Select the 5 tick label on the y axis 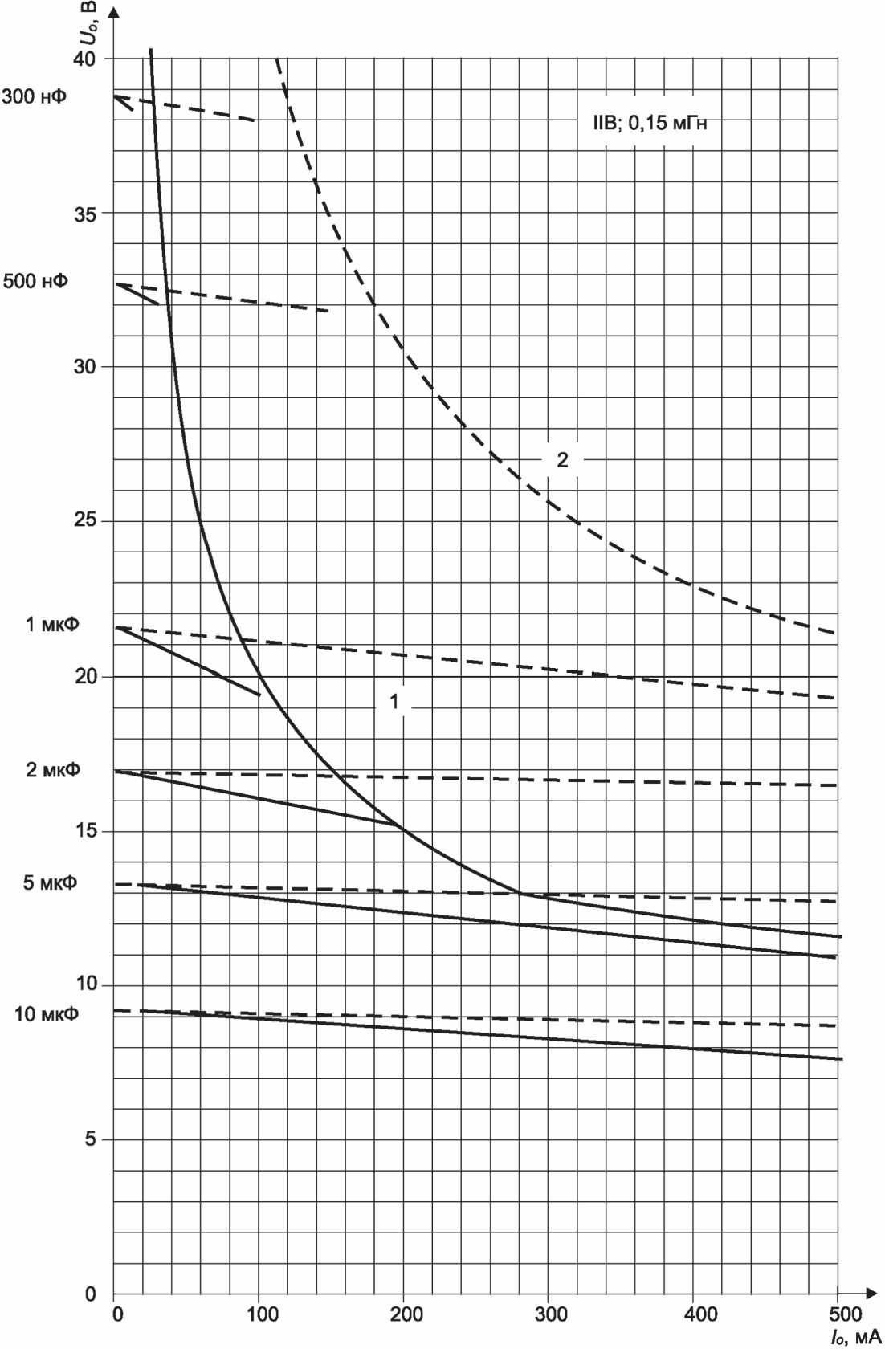click(91, 1139)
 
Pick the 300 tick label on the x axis click(551, 1314)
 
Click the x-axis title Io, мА click(856, 1337)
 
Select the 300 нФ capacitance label click(35, 96)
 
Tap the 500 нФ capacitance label click(35, 281)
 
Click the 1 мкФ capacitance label click(52, 625)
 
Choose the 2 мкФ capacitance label click(53, 769)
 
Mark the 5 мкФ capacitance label click(51, 883)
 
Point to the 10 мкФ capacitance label click(47, 1013)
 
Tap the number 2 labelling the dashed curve click(563, 459)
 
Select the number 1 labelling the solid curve click(394, 701)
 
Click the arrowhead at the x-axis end click(871, 1293)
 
